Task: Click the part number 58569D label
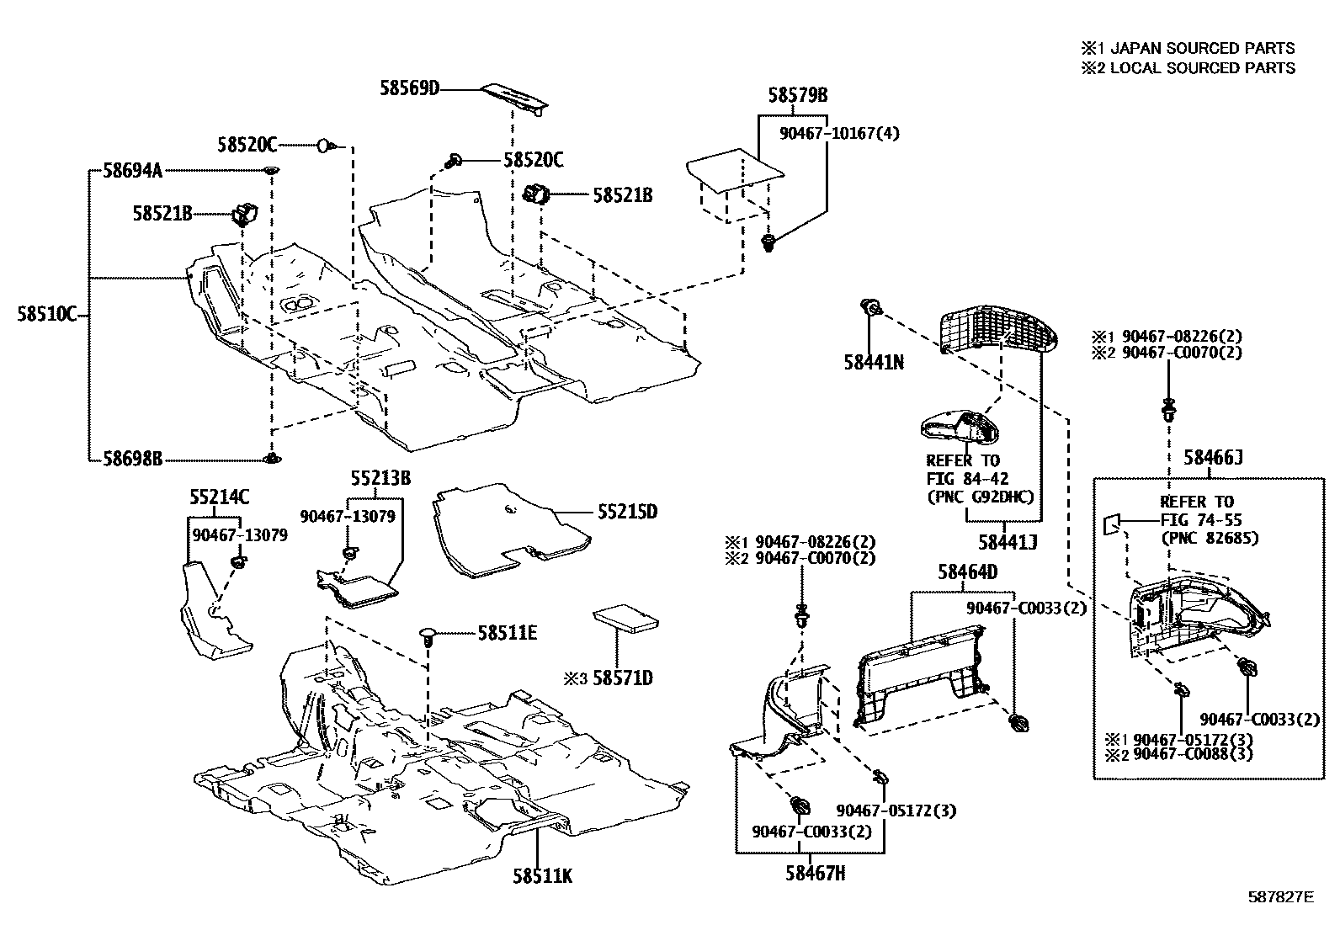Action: (x=409, y=88)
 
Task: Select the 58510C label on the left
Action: (x=46, y=315)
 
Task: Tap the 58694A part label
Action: (x=132, y=171)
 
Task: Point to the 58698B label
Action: (x=132, y=460)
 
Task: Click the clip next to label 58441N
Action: (x=871, y=308)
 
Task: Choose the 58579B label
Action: (x=797, y=95)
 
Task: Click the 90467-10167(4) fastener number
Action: (x=827, y=132)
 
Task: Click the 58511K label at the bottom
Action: (x=542, y=876)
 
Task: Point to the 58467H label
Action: (x=816, y=874)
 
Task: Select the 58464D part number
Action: (x=967, y=572)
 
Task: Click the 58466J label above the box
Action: (x=1213, y=458)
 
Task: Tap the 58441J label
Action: (x=1007, y=543)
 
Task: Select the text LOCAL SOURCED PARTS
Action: (x=1202, y=68)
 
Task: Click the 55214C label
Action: (x=219, y=497)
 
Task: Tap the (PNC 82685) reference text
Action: (x=1210, y=538)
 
